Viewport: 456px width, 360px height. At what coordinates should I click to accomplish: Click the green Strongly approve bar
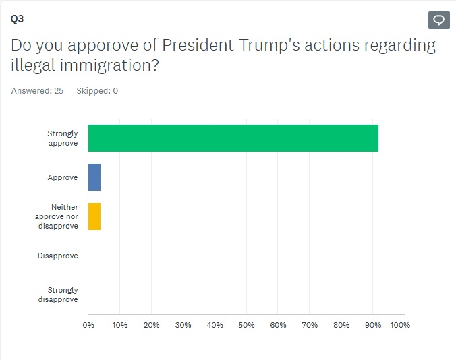pyautogui.click(x=233, y=138)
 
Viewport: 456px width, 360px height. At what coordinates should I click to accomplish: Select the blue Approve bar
pyautogui.click(x=94, y=177)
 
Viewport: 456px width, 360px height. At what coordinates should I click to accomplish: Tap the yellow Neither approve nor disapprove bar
pyautogui.click(x=94, y=216)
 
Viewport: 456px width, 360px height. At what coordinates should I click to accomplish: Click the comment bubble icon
pyautogui.click(x=438, y=20)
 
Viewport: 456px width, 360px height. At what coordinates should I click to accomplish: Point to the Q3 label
pyautogui.click(x=17, y=19)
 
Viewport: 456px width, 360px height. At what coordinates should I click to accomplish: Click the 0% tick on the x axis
pyautogui.click(x=88, y=325)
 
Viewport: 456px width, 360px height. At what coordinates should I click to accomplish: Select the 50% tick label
pyautogui.click(x=246, y=325)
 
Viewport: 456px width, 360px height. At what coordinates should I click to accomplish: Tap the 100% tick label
pyautogui.click(x=400, y=325)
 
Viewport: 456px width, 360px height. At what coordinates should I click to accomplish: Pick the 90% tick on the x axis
pyautogui.click(x=372, y=325)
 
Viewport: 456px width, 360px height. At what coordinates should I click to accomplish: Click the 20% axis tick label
pyautogui.click(x=151, y=325)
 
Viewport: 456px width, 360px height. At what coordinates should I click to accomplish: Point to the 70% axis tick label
pyautogui.click(x=310, y=325)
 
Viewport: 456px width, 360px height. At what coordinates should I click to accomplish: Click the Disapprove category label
pyautogui.click(x=58, y=256)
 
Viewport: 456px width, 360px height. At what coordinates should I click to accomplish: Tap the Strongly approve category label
pyautogui.click(x=63, y=138)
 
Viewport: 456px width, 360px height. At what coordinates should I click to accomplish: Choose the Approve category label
pyautogui.click(x=63, y=177)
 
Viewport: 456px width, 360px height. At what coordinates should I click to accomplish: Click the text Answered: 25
pyautogui.click(x=37, y=91)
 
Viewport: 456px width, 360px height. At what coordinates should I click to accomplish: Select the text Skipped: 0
pyautogui.click(x=97, y=91)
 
